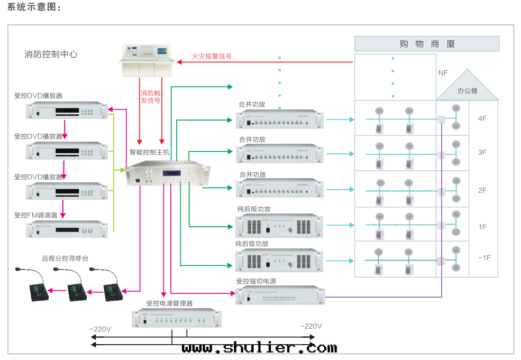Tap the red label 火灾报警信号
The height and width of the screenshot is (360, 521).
(x=212, y=56)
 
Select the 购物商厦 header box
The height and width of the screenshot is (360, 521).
(x=427, y=44)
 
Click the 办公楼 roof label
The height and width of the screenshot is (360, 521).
(x=467, y=91)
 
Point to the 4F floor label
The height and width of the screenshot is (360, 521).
(x=482, y=118)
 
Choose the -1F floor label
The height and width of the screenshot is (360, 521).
(x=484, y=257)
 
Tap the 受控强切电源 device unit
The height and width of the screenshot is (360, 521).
(x=280, y=296)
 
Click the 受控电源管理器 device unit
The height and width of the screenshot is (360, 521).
(x=176, y=319)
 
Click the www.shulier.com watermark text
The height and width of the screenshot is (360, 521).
(x=259, y=347)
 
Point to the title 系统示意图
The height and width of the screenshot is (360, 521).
(x=34, y=7)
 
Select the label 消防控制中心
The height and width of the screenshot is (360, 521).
(x=51, y=54)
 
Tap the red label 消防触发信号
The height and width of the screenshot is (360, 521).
(x=150, y=96)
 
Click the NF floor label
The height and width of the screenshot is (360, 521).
(x=443, y=73)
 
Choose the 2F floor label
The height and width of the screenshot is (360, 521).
(x=482, y=190)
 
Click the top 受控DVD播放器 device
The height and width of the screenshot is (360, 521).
(x=67, y=110)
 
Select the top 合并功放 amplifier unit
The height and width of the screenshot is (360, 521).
(x=280, y=120)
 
